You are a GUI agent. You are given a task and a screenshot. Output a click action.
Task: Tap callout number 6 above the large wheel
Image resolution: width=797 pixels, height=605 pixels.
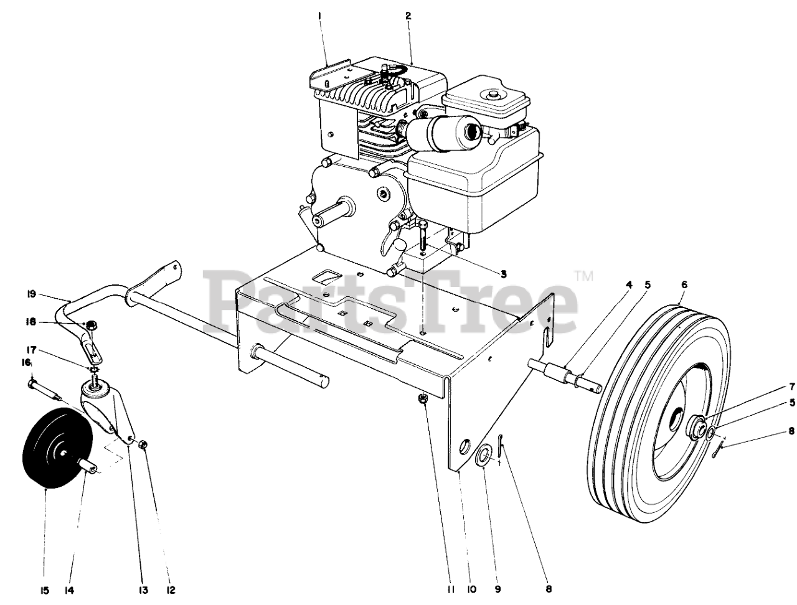coord(684,284)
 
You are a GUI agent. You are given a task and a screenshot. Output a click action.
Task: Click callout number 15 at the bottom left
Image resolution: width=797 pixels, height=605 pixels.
coord(45,590)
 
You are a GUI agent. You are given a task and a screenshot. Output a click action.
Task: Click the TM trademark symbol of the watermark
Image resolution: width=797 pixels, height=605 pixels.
coord(583,274)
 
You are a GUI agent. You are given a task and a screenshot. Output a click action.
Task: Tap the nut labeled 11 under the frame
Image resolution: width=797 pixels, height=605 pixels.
coord(423,400)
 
